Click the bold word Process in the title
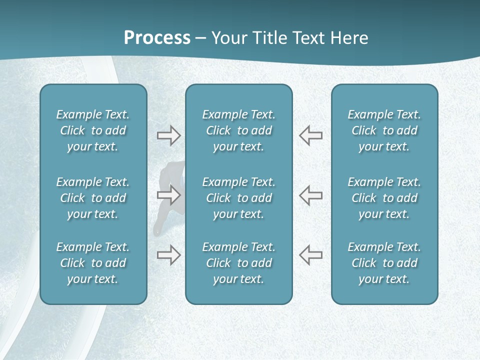tap(157, 38)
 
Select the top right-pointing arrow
tap(168, 135)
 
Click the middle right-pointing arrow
tap(168, 195)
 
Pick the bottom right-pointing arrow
tap(168, 255)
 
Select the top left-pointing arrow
tap(310, 135)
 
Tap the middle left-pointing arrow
tap(310, 195)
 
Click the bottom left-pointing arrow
tap(310, 255)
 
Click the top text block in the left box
tap(93, 130)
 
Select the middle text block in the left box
tap(93, 198)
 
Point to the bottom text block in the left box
tap(93, 263)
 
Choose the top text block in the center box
tap(238, 130)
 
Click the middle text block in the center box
tap(238, 198)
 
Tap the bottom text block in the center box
tap(238, 263)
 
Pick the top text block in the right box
tap(384, 130)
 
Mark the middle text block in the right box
tap(384, 198)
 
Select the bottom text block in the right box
tap(384, 263)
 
